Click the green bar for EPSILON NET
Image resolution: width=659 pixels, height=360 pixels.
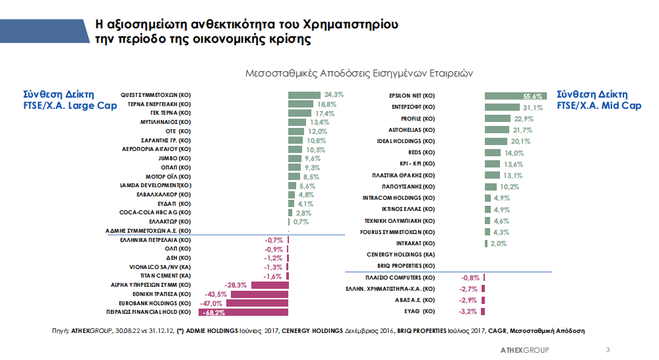(x=515, y=96)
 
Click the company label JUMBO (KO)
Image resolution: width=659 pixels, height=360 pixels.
(x=175, y=159)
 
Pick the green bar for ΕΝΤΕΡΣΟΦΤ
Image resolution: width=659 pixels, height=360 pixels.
(x=501, y=107)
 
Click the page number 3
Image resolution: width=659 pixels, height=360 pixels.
(x=608, y=349)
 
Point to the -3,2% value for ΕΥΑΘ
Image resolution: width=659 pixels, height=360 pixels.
(x=468, y=311)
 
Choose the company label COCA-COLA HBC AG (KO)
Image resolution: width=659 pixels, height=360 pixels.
(x=155, y=212)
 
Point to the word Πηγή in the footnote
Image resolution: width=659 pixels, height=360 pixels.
(x=60, y=330)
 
